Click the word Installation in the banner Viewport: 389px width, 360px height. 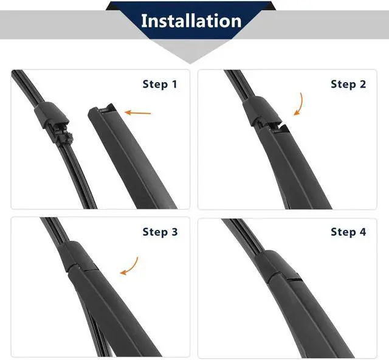point(191,21)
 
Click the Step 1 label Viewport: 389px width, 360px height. point(160,84)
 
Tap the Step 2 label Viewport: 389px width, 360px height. point(348,84)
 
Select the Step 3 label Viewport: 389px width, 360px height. point(160,232)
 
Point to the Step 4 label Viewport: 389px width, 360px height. point(348,232)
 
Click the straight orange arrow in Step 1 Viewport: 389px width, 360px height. point(138,112)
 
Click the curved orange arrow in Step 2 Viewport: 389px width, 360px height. point(300,104)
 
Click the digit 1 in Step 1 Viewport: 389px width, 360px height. point(174,84)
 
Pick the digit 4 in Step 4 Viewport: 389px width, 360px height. point(363,232)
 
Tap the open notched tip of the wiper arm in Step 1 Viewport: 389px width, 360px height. point(102,111)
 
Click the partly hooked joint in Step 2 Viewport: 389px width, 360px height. point(270,124)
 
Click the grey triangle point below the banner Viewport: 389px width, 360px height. point(190,63)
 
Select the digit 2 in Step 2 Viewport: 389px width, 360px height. point(363,84)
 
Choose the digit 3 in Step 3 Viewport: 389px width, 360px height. point(174,232)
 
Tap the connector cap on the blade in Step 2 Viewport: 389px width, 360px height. point(261,111)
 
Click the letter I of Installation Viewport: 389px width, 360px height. point(143,21)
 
